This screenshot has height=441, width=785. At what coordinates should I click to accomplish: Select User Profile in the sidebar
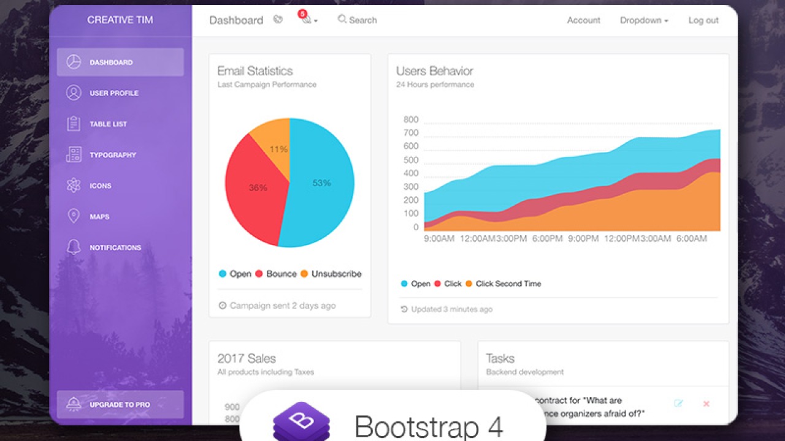pos(114,93)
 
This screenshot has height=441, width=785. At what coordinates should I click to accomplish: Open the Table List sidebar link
pos(108,124)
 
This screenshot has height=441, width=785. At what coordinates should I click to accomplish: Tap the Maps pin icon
pos(74,216)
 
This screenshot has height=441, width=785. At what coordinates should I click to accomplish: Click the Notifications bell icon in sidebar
pos(74,247)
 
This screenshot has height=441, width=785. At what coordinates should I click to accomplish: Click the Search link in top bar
pos(358,20)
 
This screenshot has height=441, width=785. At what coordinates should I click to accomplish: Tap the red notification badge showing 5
pos(302,13)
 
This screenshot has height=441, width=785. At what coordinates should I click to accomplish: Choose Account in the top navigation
pos(583,20)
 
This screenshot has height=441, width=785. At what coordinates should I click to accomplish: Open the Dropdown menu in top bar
pos(644,20)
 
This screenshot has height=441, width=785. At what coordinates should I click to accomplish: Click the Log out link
pos(703,20)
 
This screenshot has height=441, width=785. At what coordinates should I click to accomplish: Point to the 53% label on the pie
pos(321,183)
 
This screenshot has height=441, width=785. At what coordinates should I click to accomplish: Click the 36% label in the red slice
pos(258,188)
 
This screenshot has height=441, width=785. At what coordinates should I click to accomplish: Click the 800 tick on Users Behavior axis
pos(410,119)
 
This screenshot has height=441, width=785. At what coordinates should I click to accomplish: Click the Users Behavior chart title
pos(434,71)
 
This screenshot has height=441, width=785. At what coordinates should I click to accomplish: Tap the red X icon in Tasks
pos(706,404)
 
